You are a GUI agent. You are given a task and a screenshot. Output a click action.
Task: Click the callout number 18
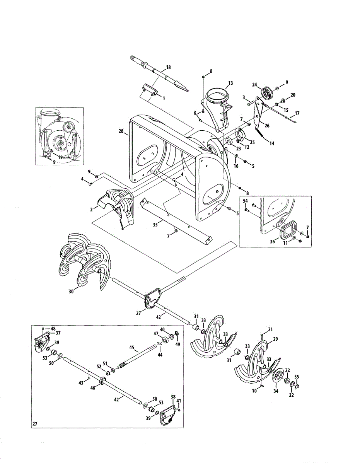click(168, 67)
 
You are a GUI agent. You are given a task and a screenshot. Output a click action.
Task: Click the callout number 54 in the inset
click(245, 201)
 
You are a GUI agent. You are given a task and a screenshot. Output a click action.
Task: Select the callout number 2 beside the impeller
click(91, 209)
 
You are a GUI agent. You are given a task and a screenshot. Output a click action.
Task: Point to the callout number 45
click(131, 348)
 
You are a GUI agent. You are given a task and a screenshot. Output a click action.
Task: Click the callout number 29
click(275, 339)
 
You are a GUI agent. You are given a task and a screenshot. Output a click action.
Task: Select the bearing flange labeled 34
click(278, 377)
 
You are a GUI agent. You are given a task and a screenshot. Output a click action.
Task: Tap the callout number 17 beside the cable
click(297, 114)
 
